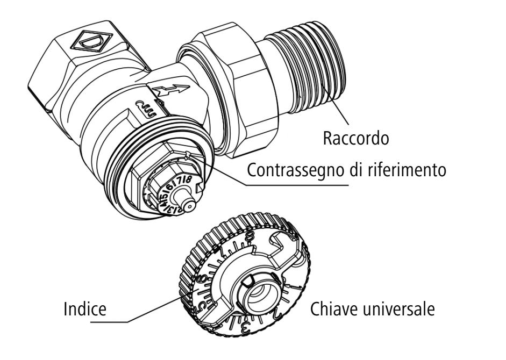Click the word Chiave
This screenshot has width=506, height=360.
coord(332,310)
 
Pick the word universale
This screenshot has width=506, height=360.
coord(398,310)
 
